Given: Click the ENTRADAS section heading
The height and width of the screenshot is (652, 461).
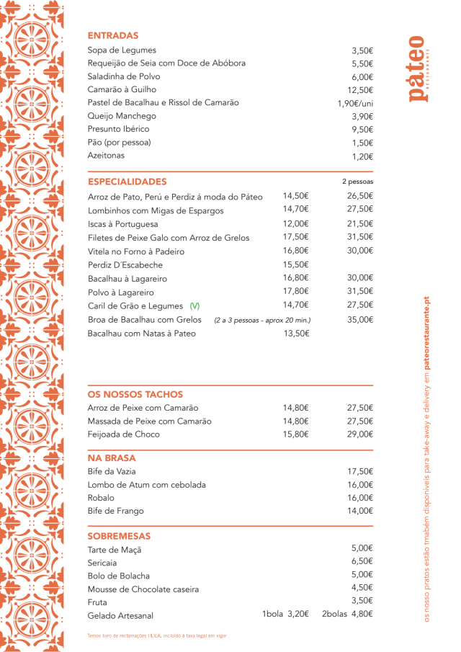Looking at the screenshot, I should pos(113,35).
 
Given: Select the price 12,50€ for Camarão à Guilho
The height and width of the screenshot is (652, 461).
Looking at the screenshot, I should pos(360,90).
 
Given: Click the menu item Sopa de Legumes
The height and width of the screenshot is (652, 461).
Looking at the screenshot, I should pos(122,50).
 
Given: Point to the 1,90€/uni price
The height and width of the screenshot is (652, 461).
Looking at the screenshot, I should pos(355,103).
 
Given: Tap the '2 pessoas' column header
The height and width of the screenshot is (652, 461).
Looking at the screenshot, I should pos(358,182).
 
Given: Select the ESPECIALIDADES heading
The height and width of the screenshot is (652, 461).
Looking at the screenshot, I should pos(127,182).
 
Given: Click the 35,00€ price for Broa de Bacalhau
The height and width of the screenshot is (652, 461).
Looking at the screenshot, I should pos(360,319).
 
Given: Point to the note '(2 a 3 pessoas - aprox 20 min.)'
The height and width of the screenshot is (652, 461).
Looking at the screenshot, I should pos(262,320).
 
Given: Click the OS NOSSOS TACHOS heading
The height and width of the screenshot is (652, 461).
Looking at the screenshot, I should pos(135,395).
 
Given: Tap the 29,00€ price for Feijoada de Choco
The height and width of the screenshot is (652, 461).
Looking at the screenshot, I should pos(360,434).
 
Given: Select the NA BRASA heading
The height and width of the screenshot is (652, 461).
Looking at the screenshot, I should pos(112,457).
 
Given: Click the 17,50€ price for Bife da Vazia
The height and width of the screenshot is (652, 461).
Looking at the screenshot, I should pos(360,471).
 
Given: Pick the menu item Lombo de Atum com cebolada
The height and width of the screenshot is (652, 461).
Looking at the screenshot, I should pos(147,485).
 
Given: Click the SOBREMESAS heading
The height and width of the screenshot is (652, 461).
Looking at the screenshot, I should pos(119,537).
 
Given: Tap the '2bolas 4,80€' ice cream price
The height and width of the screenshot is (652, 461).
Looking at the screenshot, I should pos(347,615).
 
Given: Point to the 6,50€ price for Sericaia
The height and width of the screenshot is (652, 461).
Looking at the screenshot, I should pos(362,561).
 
